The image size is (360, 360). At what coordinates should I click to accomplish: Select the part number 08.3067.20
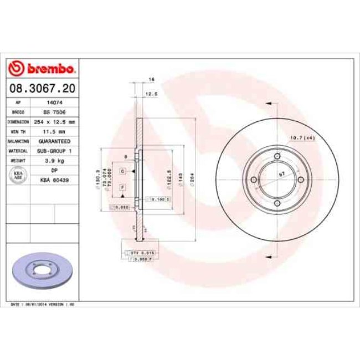point(42,88)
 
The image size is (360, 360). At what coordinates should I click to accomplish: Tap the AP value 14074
point(54,102)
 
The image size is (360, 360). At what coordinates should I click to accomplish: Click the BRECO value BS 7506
point(54,111)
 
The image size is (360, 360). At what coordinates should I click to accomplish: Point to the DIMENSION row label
point(18,121)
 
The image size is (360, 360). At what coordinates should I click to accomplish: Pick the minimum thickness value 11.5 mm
point(54,131)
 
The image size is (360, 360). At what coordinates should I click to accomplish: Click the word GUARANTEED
point(54,141)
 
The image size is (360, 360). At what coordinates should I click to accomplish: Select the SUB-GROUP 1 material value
point(54,151)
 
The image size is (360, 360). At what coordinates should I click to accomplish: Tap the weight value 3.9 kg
point(54,160)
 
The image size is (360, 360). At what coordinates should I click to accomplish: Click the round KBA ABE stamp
point(18,175)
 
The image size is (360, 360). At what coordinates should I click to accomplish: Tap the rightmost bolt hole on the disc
point(301,179)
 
